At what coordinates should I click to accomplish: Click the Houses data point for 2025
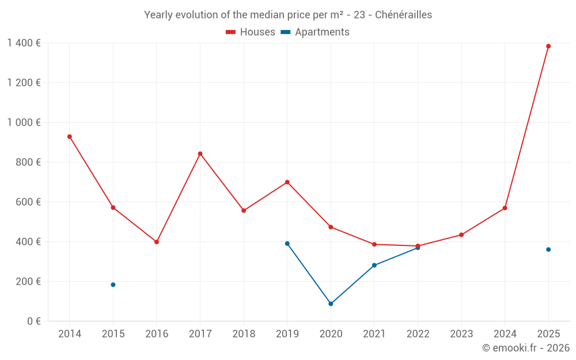click(x=548, y=46)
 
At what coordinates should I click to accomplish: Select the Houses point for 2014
click(x=70, y=137)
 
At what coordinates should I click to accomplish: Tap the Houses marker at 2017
click(x=200, y=154)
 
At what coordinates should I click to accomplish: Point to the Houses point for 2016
click(x=157, y=242)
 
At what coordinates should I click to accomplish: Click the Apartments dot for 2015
click(x=113, y=285)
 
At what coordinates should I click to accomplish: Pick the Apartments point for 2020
click(x=331, y=304)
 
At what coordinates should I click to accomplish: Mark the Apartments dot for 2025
click(x=548, y=249)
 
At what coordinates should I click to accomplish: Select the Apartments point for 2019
click(x=287, y=244)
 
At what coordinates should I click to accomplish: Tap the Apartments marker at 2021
click(x=374, y=266)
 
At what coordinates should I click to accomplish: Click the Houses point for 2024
click(x=505, y=208)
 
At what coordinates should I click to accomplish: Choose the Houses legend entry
click(x=251, y=32)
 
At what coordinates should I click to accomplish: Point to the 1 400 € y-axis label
click(x=24, y=43)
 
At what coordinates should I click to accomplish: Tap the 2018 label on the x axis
click(x=244, y=334)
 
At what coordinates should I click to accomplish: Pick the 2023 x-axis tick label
click(x=461, y=334)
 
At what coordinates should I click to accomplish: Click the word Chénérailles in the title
click(x=403, y=15)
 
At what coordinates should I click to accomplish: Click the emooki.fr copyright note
click(x=526, y=348)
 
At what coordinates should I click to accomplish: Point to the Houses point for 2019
click(x=287, y=182)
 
